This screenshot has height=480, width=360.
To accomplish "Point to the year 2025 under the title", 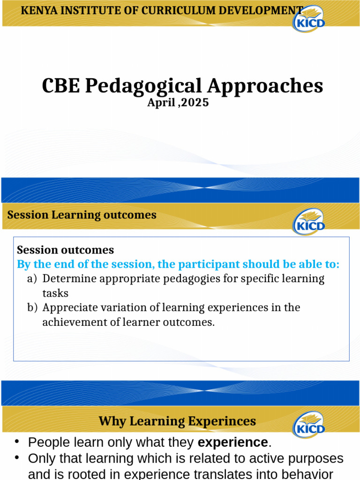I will point(195,103).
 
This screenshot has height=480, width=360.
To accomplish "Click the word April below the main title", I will point(161,103).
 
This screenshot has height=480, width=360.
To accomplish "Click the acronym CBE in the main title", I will point(60,86).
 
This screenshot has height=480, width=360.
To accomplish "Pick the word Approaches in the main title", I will point(265,86).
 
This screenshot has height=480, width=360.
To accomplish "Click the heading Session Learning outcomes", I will point(82,215).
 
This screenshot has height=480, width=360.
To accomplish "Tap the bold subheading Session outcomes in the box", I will point(65,250).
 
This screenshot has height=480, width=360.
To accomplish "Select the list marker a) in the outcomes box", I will point(32,279).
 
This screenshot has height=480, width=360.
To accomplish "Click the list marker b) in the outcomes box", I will point(32,308).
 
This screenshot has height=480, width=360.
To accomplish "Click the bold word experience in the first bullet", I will point(232,442).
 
